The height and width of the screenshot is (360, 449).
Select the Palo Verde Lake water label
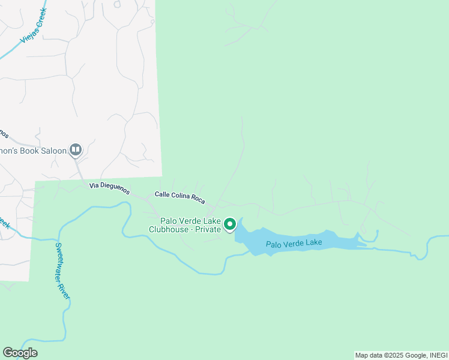click(294, 243)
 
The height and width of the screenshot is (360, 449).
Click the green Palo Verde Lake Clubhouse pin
click(229, 225)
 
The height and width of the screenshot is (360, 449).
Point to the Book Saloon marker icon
click(76, 149)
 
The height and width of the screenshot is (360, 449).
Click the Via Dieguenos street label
click(109, 189)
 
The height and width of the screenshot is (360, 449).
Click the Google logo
click(20, 353)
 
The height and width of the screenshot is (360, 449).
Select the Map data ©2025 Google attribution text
click(391, 355)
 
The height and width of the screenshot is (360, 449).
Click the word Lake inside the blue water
click(312, 242)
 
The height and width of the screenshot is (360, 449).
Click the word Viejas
click(27, 36)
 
